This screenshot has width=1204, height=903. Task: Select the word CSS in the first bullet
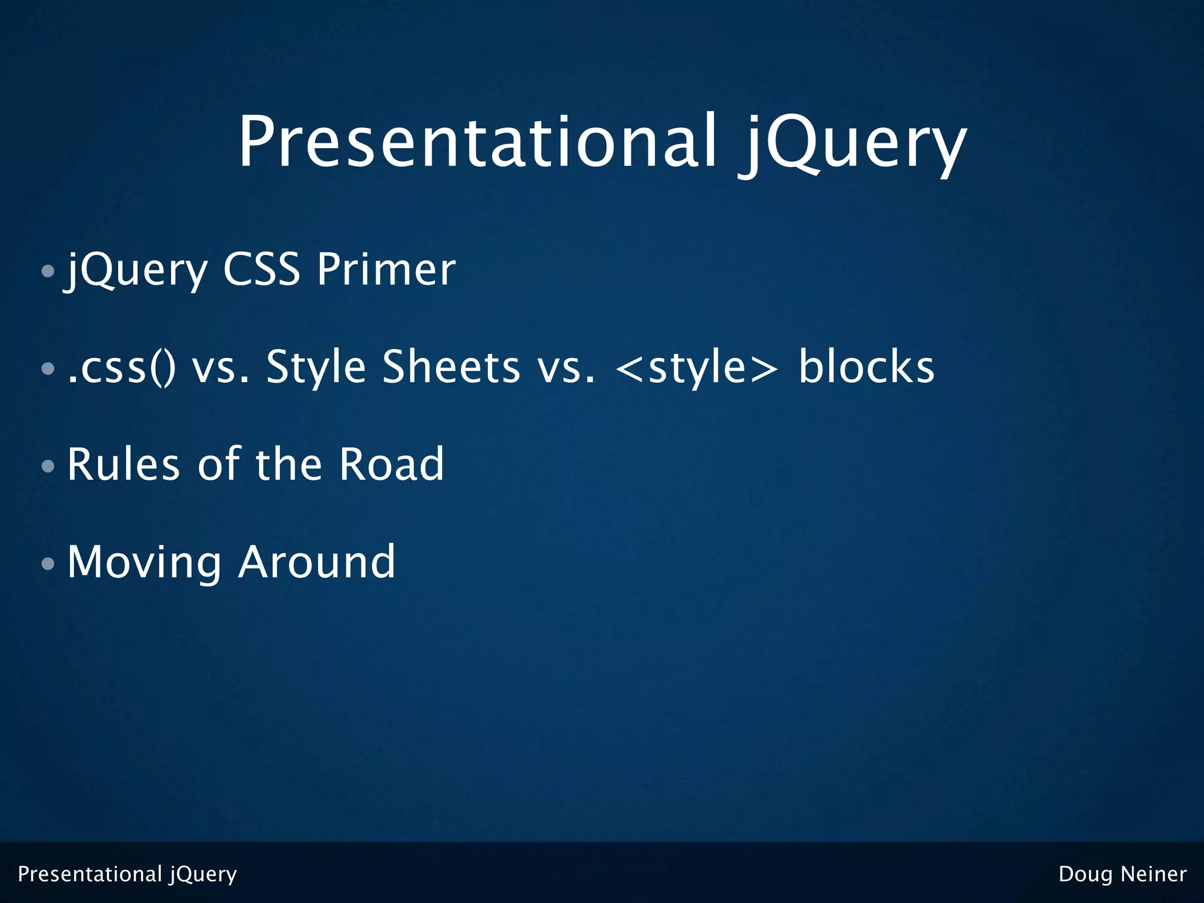tap(262, 270)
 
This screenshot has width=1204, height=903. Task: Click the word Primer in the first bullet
tap(386, 270)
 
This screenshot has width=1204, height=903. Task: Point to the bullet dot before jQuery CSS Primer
tap(48, 272)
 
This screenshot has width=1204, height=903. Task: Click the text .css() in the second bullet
tap(121, 367)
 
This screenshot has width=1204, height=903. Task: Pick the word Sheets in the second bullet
tap(451, 367)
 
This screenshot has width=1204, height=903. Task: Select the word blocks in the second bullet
tap(866, 367)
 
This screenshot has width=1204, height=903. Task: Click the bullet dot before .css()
tap(48, 369)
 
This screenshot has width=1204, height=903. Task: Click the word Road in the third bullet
tap(392, 465)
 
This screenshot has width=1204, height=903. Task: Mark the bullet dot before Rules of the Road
tap(48, 467)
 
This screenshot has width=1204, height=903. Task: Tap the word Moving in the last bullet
tap(145, 563)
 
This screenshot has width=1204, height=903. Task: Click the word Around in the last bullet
tap(317, 563)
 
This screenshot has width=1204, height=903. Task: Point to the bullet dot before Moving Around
tap(48, 564)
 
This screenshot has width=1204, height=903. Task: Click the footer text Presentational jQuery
tap(127, 875)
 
